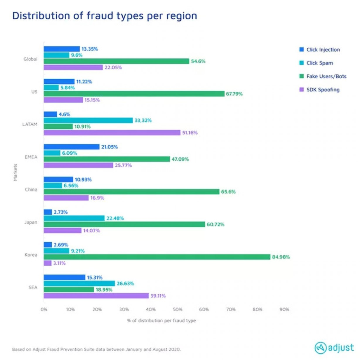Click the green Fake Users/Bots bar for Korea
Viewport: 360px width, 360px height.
157,257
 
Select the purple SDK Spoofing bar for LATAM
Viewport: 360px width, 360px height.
111,133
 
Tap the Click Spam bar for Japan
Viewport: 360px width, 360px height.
74,218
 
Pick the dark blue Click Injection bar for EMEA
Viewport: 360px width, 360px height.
71,147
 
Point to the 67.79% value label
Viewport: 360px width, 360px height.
234,94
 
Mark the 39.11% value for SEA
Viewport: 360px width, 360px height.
158,296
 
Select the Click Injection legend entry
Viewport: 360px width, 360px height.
323,50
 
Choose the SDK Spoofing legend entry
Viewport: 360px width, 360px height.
322,90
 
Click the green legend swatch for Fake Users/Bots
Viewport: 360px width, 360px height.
301,76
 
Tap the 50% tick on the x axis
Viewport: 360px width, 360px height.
177,310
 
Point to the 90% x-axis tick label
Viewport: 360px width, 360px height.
284,310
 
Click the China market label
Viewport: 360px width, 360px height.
31,190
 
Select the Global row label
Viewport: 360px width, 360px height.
30,59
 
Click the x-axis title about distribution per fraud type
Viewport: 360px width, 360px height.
161,321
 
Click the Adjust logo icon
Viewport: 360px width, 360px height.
320,348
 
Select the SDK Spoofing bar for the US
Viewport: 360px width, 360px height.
63,100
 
